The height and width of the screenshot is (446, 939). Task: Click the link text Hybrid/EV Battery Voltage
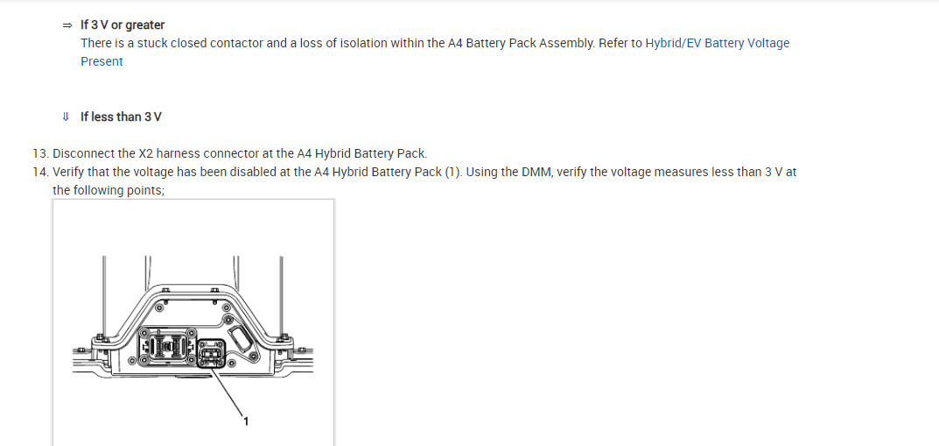pyautogui.click(x=717, y=43)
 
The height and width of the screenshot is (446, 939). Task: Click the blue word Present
pyautogui.click(x=102, y=61)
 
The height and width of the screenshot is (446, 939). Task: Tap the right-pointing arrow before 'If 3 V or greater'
pyautogui.click(x=67, y=25)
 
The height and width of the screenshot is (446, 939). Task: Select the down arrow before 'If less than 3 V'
pyautogui.click(x=66, y=117)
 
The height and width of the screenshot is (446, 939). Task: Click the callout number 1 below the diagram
pyautogui.click(x=246, y=422)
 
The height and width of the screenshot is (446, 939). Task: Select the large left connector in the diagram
pyautogui.click(x=171, y=346)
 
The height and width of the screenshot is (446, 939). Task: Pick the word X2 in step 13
pyautogui.click(x=147, y=153)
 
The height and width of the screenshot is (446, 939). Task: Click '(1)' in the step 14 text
pyautogui.click(x=452, y=172)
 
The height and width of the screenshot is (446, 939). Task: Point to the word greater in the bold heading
pyautogui.click(x=145, y=25)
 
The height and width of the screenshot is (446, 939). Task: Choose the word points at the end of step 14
pyautogui.click(x=145, y=190)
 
